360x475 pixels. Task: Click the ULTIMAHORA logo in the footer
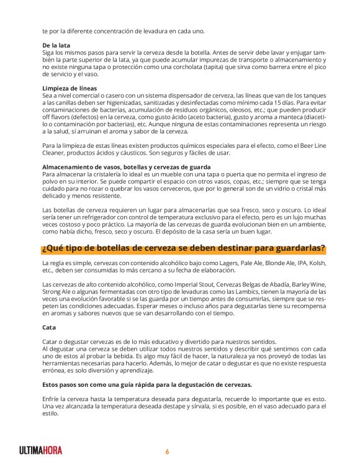click(41, 451)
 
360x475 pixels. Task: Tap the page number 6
click(167, 451)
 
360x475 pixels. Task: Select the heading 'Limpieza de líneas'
click(70, 88)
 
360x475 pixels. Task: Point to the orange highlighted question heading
click(183, 249)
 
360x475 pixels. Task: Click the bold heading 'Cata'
click(49, 327)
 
